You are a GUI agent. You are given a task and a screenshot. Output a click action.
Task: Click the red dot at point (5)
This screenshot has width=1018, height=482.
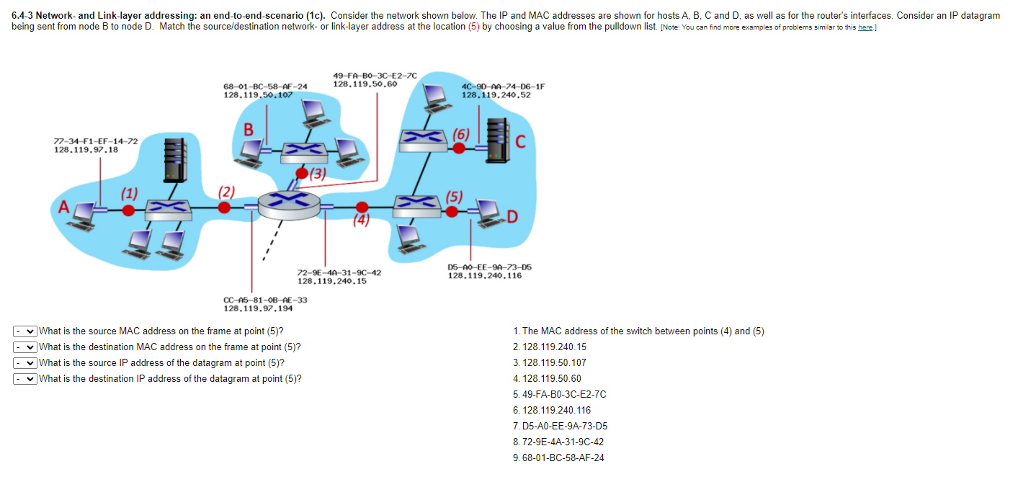coord(452,210)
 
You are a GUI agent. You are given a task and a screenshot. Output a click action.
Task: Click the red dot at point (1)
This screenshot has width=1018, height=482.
coord(128,210)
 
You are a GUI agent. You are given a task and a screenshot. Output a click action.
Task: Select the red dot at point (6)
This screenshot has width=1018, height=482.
coord(458,148)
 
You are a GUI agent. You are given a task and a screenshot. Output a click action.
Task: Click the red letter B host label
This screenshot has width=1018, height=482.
coord(249,130)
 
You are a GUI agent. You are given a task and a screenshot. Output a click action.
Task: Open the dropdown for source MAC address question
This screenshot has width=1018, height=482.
coord(25,331)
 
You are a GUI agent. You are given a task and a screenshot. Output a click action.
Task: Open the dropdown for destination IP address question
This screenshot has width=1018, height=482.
coord(25,379)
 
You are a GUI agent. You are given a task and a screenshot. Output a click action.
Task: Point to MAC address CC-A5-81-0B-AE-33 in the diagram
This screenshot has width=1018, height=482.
coord(265,300)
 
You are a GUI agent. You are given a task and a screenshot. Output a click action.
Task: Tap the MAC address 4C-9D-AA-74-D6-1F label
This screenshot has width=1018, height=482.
coord(503,86)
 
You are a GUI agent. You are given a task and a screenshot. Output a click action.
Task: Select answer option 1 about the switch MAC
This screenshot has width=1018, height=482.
coord(638,331)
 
